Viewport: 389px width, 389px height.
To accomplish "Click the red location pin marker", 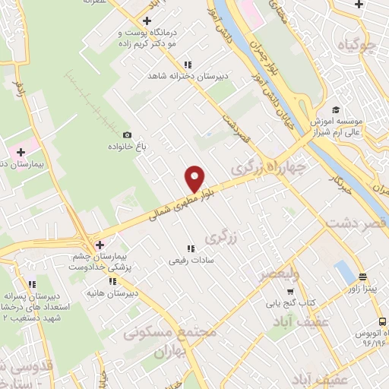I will pyautogui.click(x=195, y=179).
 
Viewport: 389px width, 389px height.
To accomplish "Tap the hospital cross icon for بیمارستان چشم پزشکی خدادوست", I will pyautogui.click(x=100, y=244).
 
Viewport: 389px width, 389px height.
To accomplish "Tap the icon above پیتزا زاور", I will pyautogui.click(x=361, y=277).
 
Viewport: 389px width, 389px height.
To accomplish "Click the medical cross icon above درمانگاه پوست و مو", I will pyautogui.click(x=147, y=21).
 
